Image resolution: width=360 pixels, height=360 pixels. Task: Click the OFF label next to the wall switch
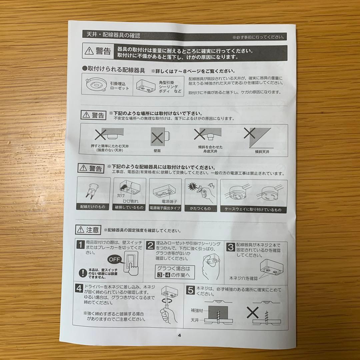point(115,259)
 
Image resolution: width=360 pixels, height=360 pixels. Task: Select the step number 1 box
point(80,246)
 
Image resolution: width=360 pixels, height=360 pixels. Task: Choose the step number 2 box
point(151,246)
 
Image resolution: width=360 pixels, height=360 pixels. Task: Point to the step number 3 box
point(230,247)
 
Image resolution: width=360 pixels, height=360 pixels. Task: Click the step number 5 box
point(190,290)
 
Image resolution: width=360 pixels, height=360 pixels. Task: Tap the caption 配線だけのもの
point(93,207)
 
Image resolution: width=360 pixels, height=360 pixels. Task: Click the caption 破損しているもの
point(129,207)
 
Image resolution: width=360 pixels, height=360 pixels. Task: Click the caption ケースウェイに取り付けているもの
point(253,210)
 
